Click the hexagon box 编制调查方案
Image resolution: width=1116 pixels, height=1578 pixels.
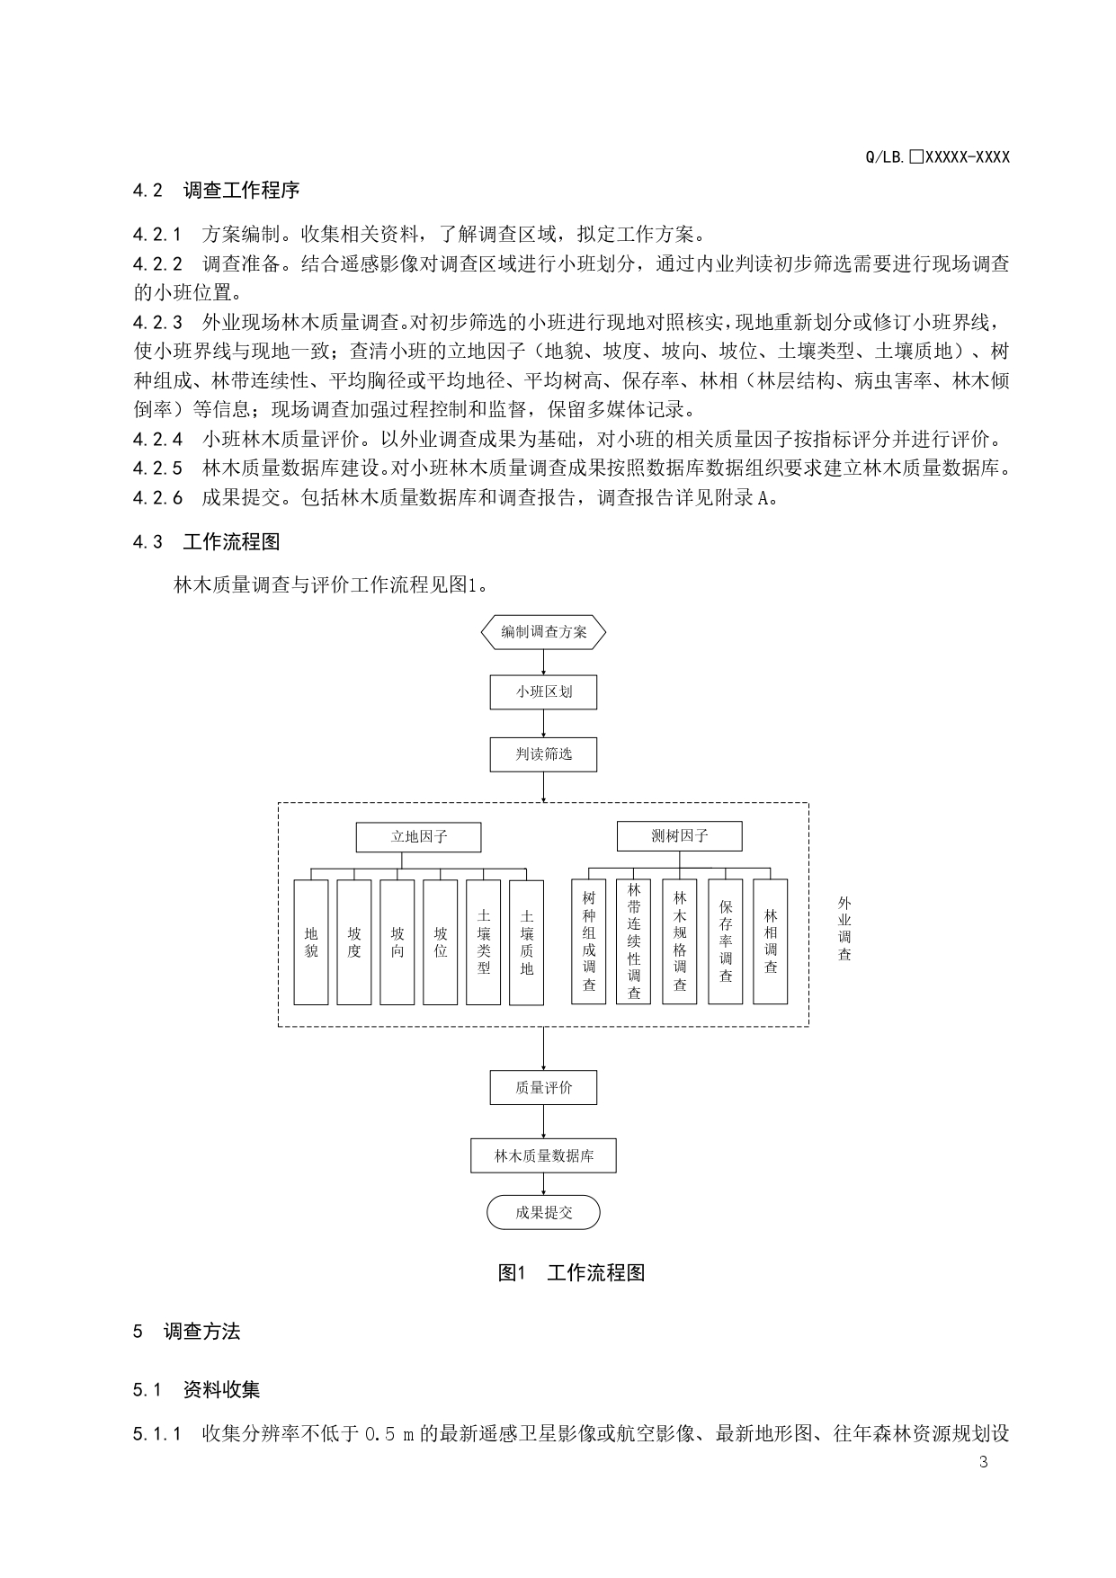click(543, 632)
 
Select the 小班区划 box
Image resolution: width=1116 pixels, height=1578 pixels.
click(543, 692)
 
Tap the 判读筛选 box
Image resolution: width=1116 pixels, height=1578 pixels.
click(543, 753)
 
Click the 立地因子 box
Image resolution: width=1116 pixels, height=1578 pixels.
click(418, 837)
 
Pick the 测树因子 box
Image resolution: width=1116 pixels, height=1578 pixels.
click(679, 836)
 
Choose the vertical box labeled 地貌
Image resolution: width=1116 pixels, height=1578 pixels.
click(311, 941)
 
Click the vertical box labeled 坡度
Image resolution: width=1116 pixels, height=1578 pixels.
click(354, 941)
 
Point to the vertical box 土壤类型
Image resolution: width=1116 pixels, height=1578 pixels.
click(484, 941)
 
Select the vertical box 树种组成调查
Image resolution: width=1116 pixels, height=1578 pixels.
click(589, 941)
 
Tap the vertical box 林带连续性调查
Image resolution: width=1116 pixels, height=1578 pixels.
click(634, 941)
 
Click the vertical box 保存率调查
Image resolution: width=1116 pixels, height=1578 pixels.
click(726, 941)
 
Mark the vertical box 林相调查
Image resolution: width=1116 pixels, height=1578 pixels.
click(771, 941)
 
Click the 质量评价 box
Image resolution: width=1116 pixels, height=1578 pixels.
click(543, 1088)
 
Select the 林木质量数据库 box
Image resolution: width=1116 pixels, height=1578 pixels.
click(543, 1155)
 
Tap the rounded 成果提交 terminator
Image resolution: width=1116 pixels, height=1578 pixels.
click(543, 1213)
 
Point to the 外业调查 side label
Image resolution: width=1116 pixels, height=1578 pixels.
click(844, 929)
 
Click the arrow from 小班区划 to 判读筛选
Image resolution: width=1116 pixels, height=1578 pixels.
click(543, 723)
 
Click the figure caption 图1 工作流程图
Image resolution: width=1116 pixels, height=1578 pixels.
click(571, 1273)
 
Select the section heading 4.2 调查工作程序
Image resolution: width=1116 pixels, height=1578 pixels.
click(216, 191)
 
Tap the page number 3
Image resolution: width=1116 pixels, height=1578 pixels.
click(983, 1461)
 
